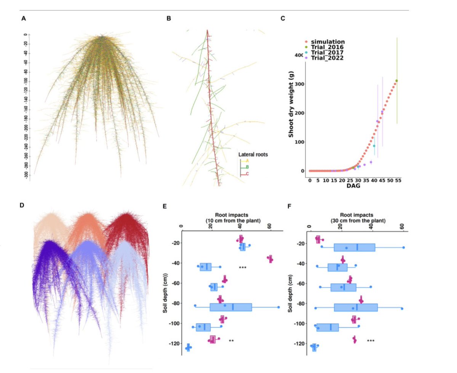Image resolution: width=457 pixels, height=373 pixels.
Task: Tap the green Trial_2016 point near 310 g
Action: (x=396, y=81)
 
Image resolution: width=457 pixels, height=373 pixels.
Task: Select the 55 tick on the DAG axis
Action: (x=398, y=180)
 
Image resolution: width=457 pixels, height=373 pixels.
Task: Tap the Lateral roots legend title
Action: (x=253, y=155)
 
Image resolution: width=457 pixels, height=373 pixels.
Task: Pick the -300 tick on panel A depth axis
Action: (x=26, y=174)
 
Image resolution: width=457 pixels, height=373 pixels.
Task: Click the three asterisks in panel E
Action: (x=243, y=268)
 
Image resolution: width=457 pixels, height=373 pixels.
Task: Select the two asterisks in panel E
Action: (x=231, y=341)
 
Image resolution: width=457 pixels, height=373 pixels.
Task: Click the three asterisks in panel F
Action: (x=371, y=341)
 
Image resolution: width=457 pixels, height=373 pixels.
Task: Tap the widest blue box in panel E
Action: (x=231, y=307)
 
